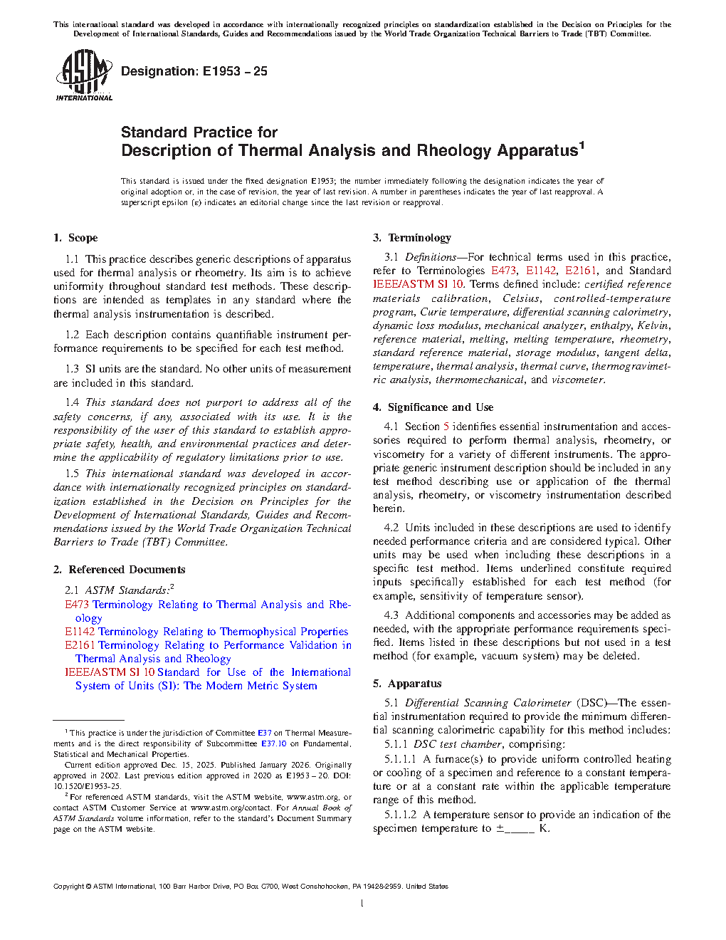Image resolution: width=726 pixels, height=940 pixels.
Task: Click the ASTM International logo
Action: point(83,75)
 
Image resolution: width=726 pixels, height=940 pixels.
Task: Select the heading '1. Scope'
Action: point(75,238)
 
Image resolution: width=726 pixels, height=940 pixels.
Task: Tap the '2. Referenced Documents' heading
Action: point(119,570)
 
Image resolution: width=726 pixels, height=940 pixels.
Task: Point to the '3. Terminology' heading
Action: point(412,238)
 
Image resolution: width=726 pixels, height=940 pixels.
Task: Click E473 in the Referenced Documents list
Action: point(77,605)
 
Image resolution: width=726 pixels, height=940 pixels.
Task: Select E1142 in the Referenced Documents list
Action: point(80,632)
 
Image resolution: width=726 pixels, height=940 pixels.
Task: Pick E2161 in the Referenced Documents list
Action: point(80,645)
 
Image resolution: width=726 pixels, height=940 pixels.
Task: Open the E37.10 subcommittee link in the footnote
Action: point(273,743)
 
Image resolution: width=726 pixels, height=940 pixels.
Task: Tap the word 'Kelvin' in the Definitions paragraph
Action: point(653,325)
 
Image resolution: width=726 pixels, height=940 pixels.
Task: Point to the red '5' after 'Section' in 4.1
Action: point(446,427)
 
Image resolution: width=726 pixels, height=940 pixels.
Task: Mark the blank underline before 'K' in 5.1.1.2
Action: point(519,829)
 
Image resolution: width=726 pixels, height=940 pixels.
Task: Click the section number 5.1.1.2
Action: point(400,815)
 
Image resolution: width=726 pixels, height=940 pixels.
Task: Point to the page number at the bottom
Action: point(362,904)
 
